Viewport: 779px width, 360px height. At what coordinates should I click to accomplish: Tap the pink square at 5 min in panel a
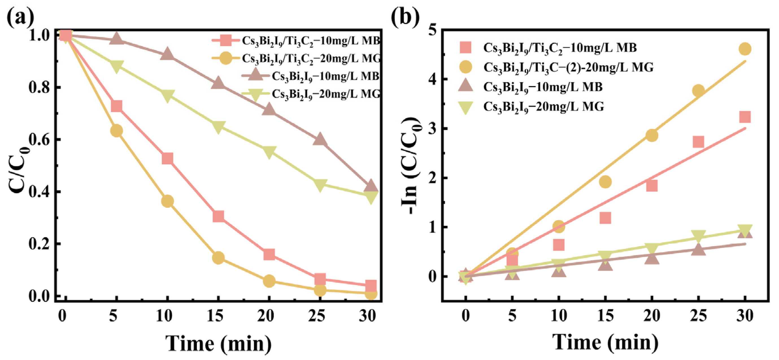pyautogui.click(x=116, y=106)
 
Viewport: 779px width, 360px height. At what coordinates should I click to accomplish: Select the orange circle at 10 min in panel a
pyautogui.click(x=167, y=201)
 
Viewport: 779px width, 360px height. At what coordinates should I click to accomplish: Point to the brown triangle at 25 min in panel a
pyautogui.click(x=320, y=140)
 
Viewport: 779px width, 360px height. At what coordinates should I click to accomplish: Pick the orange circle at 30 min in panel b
pyautogui.click(x=745, y=49)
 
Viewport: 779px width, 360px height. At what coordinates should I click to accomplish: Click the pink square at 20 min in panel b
pyautogui.click(x=652, y=186)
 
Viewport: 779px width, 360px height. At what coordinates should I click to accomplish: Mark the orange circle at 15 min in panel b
pyautogui.click(x=605, y=182)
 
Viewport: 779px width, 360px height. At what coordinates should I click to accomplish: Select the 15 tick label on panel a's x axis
pyautogui.click(x=215, y=316)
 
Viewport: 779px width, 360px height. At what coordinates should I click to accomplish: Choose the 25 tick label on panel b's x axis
pyautogui.click(x=698, y=316)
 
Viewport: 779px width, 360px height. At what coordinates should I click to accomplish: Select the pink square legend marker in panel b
pyautogui.click(x=465, y=47)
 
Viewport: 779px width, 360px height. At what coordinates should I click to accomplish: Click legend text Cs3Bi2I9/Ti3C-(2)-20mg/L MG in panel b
pyautogui.click(x=568, y=67)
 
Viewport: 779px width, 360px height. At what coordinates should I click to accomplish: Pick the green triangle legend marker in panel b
pyautogui.click(x=465, y=107)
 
